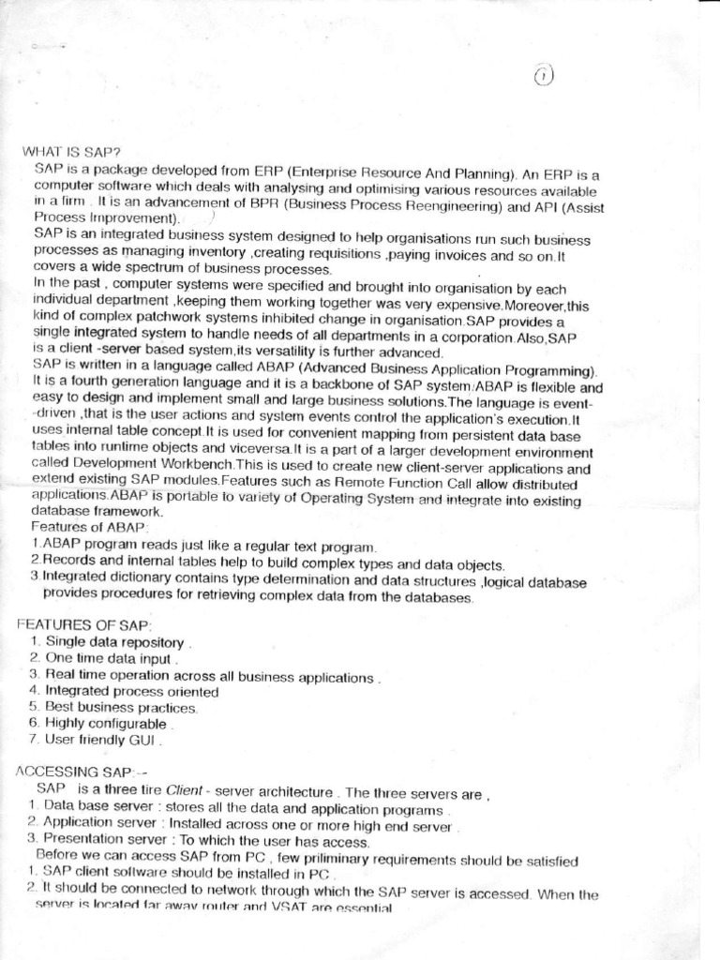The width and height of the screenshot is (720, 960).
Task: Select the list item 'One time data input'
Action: (x=109, y=658)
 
